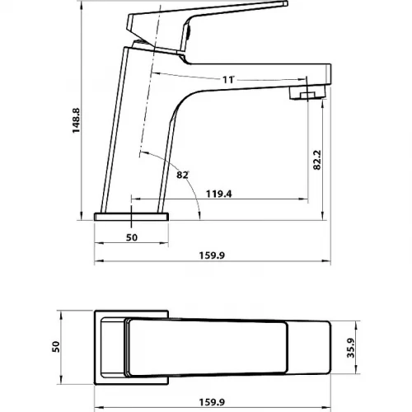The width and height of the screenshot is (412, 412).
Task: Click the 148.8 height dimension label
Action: [x=76, y=120]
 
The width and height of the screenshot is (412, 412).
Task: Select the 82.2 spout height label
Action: [x=317, y=160]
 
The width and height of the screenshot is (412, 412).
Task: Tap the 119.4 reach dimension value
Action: [x=219, y=194]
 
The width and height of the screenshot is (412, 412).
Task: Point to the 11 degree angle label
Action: [x=228, y=80]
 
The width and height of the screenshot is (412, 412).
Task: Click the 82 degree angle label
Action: [x=182, y=175]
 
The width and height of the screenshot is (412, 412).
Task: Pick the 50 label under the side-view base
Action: [x=132, y=237]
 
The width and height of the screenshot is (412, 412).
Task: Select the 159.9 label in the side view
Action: [x=212, y=255]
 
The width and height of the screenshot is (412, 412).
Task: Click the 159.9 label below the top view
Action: [x=212, y=402]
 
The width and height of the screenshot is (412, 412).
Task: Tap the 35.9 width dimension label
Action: [x=351, y=348]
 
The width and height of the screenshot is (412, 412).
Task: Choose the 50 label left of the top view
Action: [x=56, y=347]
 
